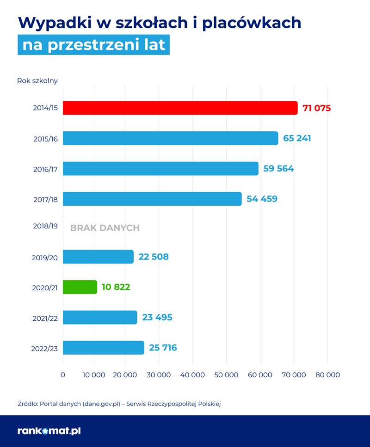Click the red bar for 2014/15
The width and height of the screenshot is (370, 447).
pyautogui.click(x=180, y=108)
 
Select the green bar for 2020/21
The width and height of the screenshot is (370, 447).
pyautogui.click(x=80, y=287)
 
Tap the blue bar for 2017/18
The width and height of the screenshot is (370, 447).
pyautogui.click(x=152, y=199)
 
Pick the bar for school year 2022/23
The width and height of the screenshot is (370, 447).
pyautogui.click(x=104, y=348)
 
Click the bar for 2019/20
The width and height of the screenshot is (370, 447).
pyautogui.click(x=98, y=257)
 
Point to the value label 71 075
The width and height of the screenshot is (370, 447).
pyautogui.click(x=317, y=108)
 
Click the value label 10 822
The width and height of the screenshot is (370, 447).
pyautogui.click(x=116, y=287)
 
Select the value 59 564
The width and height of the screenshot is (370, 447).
pyautogui.click(x=278, y=169)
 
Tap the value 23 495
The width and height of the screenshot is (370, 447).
pyautogui.click(x=157, y=318)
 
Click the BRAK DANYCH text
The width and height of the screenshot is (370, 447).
pyautogui.click(x=105, y=228)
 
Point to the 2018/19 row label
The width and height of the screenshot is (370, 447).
pyautogui.click(x=45, y=227)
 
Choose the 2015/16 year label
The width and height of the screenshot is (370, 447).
pyautogui.click(x=45, y=139)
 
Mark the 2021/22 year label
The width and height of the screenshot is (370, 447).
pyautogui.click(x=45, y=318)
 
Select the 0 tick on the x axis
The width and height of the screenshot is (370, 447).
pyautogui.click(x=63, y=375)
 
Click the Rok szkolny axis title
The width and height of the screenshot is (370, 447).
pyautogui.click(x=37, y=81)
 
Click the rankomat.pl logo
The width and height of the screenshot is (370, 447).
pyautogui.click(x=49, y=431)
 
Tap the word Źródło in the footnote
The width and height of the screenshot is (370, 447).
pyautogui.click(x=27, y=404)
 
